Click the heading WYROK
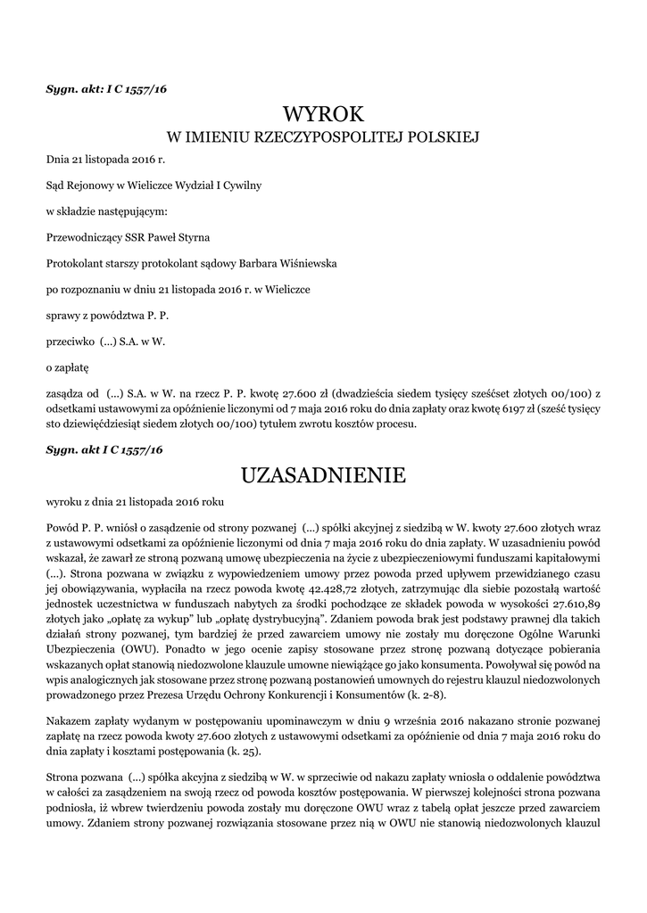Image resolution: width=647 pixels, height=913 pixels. pyautogui.click(x=323, y=114)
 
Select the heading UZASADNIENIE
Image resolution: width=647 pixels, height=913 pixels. pyautogui.click(x=323, y=474)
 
